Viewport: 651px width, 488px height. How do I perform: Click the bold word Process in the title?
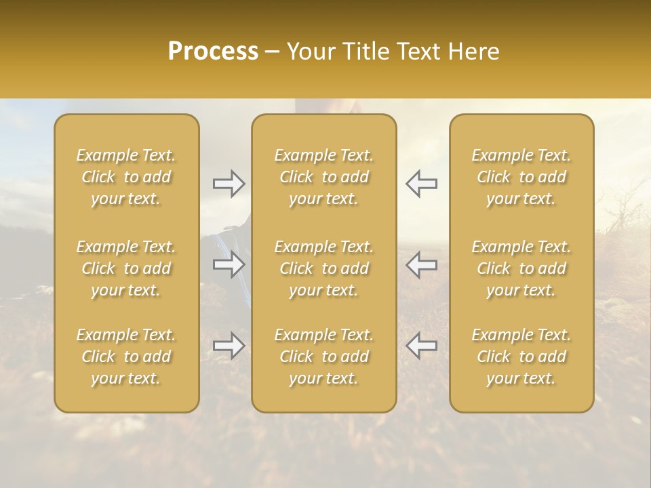[x=213, y=52]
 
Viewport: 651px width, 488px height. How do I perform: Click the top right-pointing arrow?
[x=229, y=184]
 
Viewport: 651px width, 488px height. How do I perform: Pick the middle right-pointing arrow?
[x=229, y=264]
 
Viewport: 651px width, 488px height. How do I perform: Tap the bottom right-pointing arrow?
[x=229, y=346]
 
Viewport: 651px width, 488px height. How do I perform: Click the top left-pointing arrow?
[x=421, y=184]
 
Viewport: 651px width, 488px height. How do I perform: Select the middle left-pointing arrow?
[x=421, y=264]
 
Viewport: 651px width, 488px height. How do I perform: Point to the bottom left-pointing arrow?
[x=421, y=346]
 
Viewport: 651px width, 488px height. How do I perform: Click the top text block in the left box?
[x=126, y=177]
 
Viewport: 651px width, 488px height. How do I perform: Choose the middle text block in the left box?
[x=126, y=268]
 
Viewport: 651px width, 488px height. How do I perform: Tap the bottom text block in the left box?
[x=126, y=357]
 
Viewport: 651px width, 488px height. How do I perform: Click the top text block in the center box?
[x=324, y=177]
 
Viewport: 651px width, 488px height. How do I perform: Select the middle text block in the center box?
[x=324, y=268]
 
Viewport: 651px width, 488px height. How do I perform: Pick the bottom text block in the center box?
[x=324, y=357]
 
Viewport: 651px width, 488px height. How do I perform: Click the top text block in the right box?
[x=521, y=177]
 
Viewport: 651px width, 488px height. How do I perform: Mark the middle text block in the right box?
[x=521, y=268]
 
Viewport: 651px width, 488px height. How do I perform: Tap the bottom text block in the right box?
[x=521, y=357]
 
